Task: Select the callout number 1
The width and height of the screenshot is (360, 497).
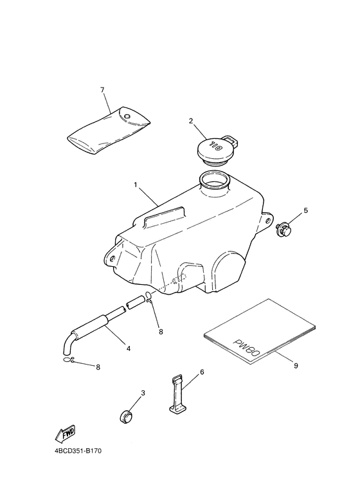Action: pyautogui.click(x=136, y=185)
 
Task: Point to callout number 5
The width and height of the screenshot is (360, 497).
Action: pyautogui.click(x=306, y=210)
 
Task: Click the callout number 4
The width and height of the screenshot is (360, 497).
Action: pyautogui.click(x=128, y=348)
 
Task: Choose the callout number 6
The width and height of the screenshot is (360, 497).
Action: pyautogui.click(x=201, y=372)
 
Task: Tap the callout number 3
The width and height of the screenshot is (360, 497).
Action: pyautogui.click(x=143, y=393)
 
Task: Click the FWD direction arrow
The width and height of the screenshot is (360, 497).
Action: pyautogui.click(x=67, y=433)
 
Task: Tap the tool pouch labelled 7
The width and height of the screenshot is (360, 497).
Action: pyautogui.click(x=109, y=129)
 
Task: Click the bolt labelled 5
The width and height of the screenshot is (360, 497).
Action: pyautogui.click(x=282, y=230)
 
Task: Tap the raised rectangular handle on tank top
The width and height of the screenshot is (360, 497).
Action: pyautogui.click(x=164, y=217)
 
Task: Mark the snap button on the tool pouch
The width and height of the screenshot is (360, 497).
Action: pyautogui.click(x=127, y=116)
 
